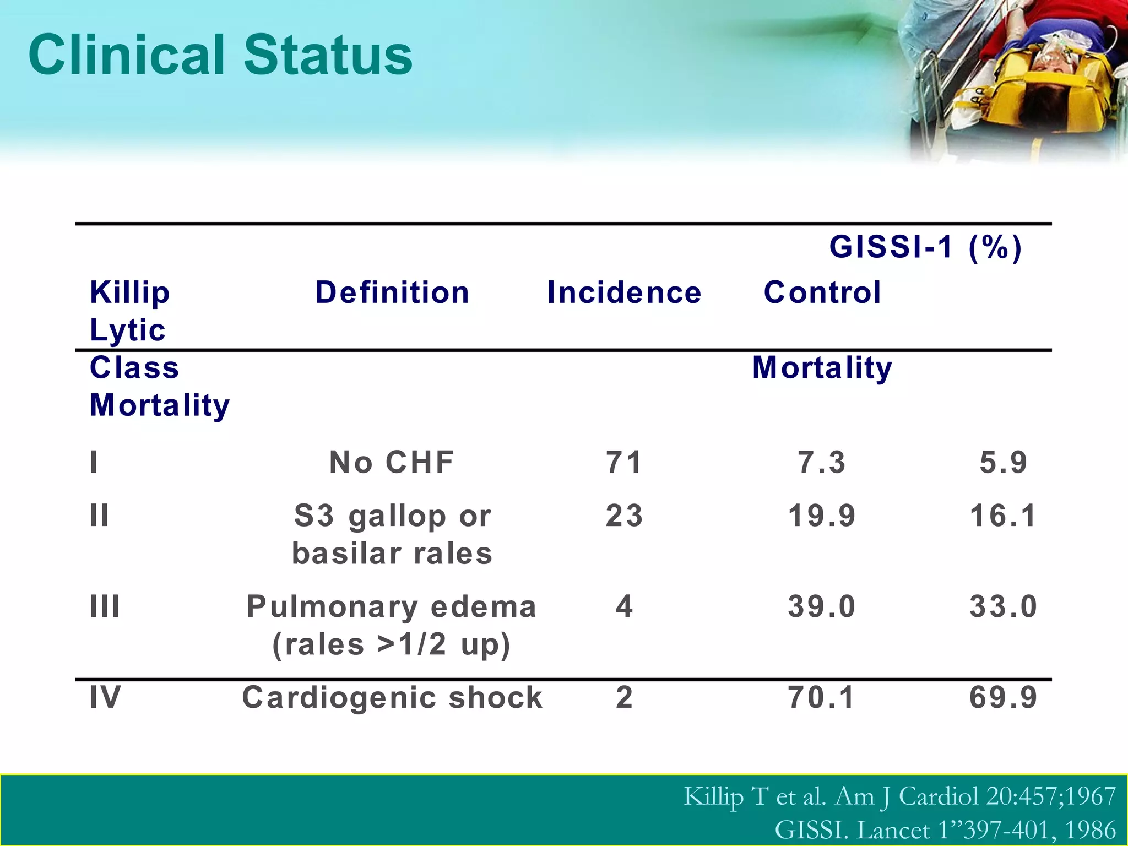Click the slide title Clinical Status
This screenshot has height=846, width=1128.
click(220, 55)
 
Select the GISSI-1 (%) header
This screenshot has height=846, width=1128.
click(925, 246)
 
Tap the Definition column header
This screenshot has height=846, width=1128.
click(392, 292)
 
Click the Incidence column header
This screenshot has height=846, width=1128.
click(624, 292)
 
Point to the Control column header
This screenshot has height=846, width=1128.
click(822, 292)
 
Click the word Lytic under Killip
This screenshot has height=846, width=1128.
click(128, 330)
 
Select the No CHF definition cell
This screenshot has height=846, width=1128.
click(392, 462)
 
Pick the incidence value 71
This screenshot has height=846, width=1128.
click(624, 462)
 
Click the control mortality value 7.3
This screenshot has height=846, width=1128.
click(822, 462)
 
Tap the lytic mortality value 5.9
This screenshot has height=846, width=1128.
click(1003, 462)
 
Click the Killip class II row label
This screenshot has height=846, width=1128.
click(100, 516)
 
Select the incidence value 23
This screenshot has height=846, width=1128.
click(624, 516)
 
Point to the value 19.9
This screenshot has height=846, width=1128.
click(822, 516)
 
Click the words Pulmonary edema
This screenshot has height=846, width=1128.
click(392, 606)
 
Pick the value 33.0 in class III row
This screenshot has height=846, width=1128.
click(1003, 606)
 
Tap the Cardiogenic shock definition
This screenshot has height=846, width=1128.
click(392, 697)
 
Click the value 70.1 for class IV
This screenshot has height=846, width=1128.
click(822, 697)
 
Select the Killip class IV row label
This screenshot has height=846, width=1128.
click(105, 697)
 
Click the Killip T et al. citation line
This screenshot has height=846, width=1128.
click(899, 796)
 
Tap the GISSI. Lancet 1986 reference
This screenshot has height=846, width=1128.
click(945, 829)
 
